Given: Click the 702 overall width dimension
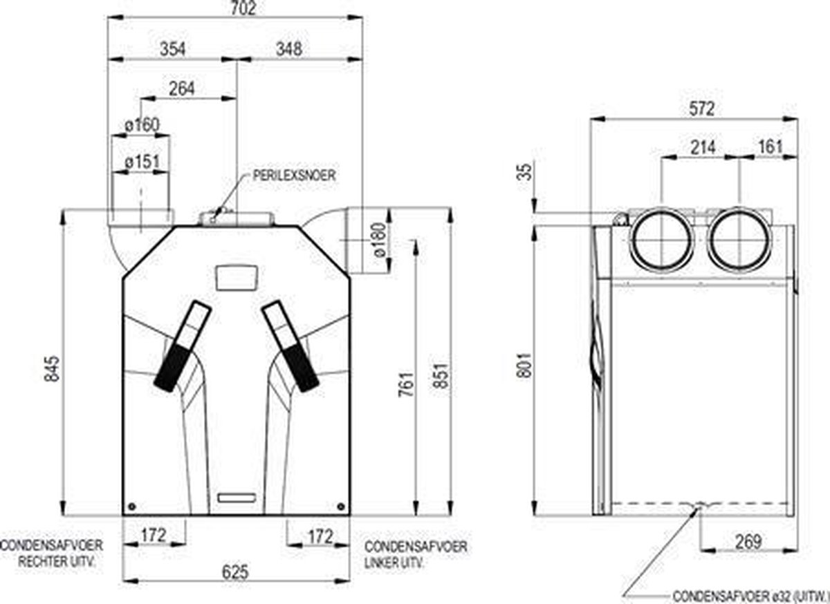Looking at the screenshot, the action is pos(243,8).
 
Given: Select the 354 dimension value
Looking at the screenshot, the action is pos(173,49).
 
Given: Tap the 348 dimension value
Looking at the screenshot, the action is pos(289,49).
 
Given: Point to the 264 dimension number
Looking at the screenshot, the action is pos(181,89).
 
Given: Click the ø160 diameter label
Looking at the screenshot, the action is pos(142,125).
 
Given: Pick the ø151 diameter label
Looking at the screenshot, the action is pos(142,162).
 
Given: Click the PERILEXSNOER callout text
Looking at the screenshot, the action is pos(294,175).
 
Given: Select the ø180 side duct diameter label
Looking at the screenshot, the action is pos(380,240).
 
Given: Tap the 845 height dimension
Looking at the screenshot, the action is pos(52,368).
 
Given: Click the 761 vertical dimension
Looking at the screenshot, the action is pos(406,384).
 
